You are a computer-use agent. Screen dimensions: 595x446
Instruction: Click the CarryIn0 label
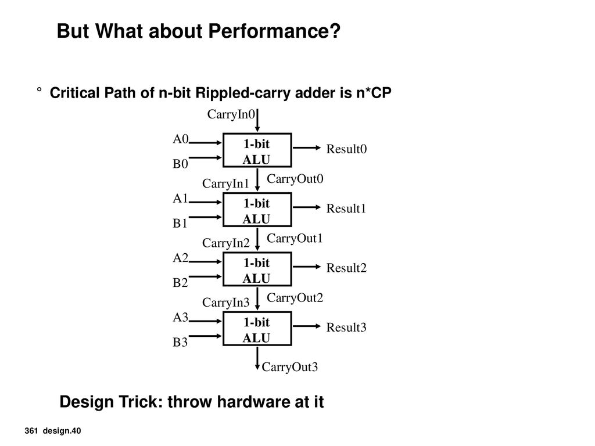tap(231, 114)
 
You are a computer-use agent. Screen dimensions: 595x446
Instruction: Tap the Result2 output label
tap(346, 268)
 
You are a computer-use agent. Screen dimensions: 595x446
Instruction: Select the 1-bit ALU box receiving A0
tap(257, 150)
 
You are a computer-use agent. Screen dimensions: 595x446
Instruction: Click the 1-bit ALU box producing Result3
tap(257, 329)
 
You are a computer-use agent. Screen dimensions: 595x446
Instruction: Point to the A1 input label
tap(180, 198)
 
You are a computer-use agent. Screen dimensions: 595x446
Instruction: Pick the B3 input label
tap(180, 342)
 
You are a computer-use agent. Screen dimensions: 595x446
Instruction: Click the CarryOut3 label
tap(289, 367)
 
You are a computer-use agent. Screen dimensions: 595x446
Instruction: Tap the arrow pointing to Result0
tap(307, 148)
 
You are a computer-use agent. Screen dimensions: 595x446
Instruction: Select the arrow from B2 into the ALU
tap(205, 276)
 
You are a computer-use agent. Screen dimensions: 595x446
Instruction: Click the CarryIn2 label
tap(226, 243)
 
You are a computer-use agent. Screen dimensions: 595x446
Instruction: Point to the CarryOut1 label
tap(295, 238)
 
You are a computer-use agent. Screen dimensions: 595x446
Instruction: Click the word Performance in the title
tap(274, 31)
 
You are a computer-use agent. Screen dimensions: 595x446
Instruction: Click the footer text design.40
tap(62, 431)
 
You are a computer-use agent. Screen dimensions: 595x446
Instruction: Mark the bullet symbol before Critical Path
tap(39, 90)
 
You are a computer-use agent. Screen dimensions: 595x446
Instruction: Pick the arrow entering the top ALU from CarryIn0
tap(257, 120)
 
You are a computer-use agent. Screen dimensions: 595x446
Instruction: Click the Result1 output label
tap(346, 208)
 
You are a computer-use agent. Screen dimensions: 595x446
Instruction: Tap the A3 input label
tap(180, 317)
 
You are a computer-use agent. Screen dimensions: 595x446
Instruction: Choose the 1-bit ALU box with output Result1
tap(257, 210)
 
